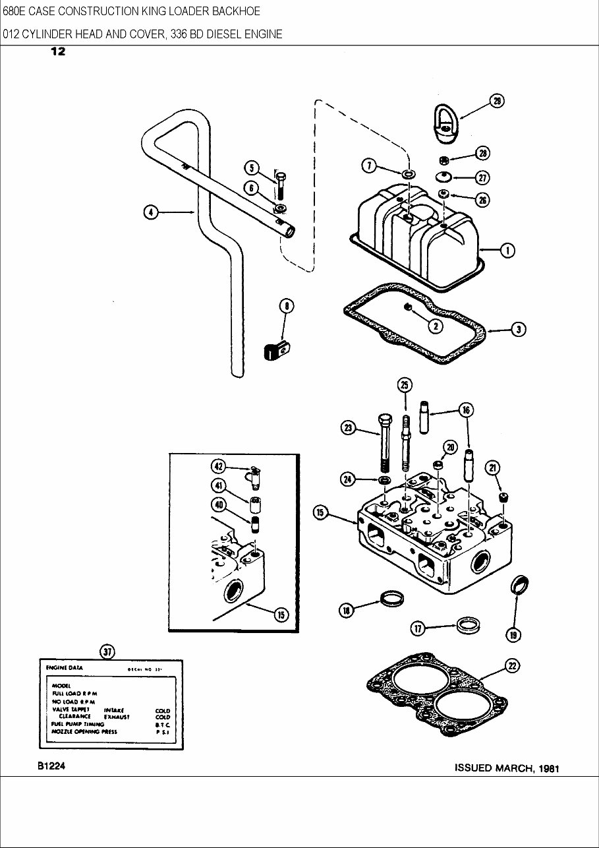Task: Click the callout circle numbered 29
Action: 496,101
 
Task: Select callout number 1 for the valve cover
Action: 507,250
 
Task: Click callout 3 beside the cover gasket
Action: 519,330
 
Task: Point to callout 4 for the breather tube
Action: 151,212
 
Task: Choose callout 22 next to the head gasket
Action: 511,667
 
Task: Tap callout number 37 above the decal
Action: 107,651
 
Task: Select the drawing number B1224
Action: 47,767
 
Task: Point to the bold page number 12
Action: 58,52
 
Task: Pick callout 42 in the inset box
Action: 218,466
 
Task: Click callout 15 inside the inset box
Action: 281,615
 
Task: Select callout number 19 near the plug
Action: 513,634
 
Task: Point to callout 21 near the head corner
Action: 492,468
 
